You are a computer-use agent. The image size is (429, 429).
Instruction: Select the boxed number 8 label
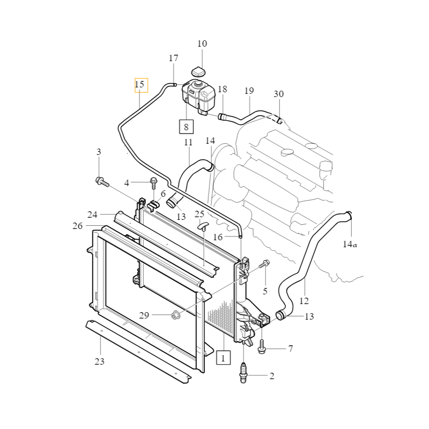click(186, 127)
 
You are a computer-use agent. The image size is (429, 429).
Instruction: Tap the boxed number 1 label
click(223, 358)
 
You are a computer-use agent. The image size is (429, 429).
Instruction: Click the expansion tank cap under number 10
click(198, 72)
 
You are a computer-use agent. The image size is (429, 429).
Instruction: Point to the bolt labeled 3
click(102, 182)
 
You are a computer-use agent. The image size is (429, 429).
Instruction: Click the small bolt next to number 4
click(153, 183)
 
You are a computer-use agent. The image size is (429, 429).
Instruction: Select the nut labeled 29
click(175, 315)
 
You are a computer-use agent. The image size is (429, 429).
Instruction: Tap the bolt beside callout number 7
click(262, 347)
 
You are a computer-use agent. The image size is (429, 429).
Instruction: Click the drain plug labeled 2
click(243, 373)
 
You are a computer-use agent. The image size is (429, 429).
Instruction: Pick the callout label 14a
click(350, 244)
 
